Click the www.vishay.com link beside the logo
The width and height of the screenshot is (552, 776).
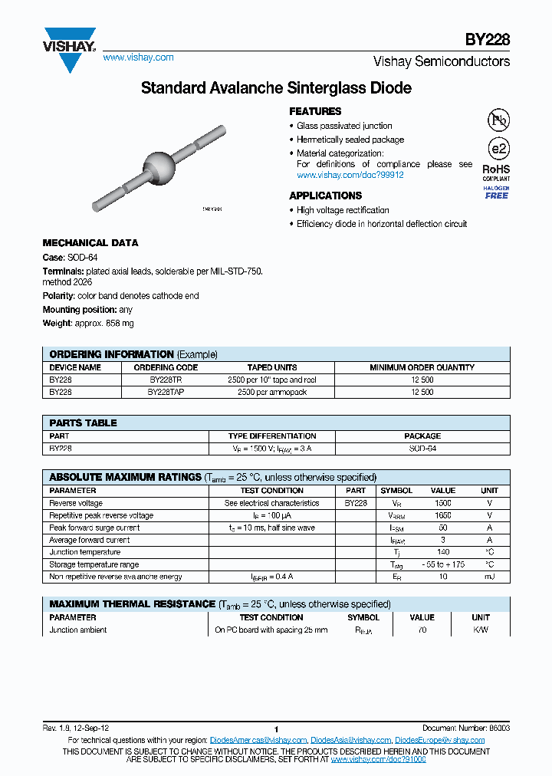[x=138, y=58]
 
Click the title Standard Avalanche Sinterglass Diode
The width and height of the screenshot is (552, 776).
[x=276, y=88]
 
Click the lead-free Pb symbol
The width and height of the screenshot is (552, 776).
[x=498, y=120]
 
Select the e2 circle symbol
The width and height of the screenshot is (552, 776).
[x=498, y=149]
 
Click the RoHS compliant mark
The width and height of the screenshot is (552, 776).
[x=496, y=172]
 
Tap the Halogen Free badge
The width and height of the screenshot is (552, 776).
[x=496, y=192]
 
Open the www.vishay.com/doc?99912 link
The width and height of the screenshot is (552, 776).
[x=350, y=175]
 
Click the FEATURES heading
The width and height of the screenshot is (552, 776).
[x=315, y=111]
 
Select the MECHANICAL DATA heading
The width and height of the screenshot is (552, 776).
[x=90, y=243]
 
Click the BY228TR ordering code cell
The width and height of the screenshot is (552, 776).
[x=166, y=380]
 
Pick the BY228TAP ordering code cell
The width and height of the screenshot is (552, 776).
[x=166, y=392]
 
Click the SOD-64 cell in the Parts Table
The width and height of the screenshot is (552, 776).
[x=422, y=449]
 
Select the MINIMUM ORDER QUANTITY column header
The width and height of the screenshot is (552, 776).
[x=422, y=367]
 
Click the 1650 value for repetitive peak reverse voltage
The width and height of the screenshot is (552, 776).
[x=442, y=515]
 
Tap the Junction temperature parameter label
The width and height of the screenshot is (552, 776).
[x=84, y=552]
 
